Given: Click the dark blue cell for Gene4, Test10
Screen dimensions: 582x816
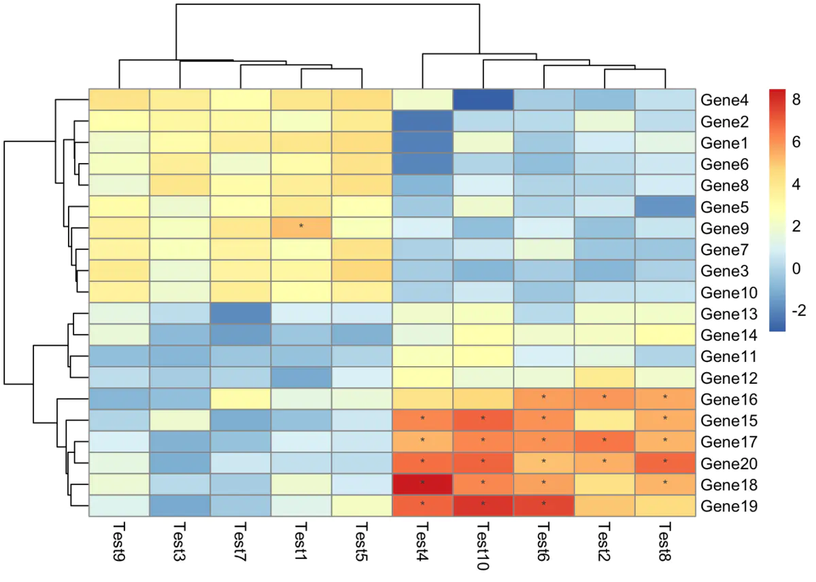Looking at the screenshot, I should click(x=483, y=99).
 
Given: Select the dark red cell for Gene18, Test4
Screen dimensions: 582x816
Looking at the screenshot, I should click(x=422, y=484).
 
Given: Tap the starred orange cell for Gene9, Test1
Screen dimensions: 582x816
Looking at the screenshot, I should click(x=301, y=228).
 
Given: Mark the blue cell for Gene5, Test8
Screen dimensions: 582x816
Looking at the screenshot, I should click(x=665, y=206).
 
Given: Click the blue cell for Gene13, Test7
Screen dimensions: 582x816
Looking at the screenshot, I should click(x=241, y=313).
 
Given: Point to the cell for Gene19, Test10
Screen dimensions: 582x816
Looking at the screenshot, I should click(x=483, y=505).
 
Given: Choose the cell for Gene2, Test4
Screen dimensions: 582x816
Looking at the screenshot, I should click(x=422, y=121).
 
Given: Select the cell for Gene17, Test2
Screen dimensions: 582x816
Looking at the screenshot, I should click(x=605, y=441).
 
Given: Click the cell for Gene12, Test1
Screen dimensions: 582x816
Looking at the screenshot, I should click(x=301, y=377).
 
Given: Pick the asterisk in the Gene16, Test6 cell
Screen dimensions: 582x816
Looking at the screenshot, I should click(x=543, y=397).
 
